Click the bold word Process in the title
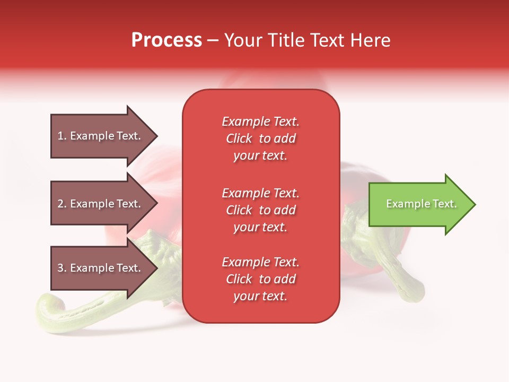(x=166, y=40)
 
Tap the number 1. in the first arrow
(x=62, y=136)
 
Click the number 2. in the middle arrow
(x=62, y=204)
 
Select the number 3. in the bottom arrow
(x=62, y=268)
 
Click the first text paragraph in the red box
(x=260, y=138)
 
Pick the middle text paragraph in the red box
(x=260, y=210)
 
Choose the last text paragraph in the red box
(x=260, y=279)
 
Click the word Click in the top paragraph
(x=239, y=138)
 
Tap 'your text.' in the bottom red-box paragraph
(x=260, y=296)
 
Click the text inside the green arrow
(x=421, y=204)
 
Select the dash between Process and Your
(x=213, y=40)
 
